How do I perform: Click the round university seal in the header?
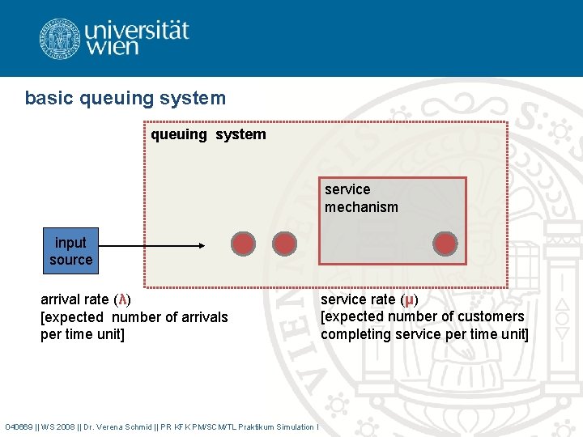60,38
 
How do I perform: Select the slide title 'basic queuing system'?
126,99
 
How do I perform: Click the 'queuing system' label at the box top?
208,134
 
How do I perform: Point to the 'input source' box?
70,251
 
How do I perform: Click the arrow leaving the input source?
153,245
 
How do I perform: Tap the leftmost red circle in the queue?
243,244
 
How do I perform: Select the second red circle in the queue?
284,244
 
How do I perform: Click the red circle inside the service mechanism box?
445,244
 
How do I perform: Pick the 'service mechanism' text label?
361,198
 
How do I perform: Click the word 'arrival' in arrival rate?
62,299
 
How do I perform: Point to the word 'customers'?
492,316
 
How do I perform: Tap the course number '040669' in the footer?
19,426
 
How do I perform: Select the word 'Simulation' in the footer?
296,426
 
